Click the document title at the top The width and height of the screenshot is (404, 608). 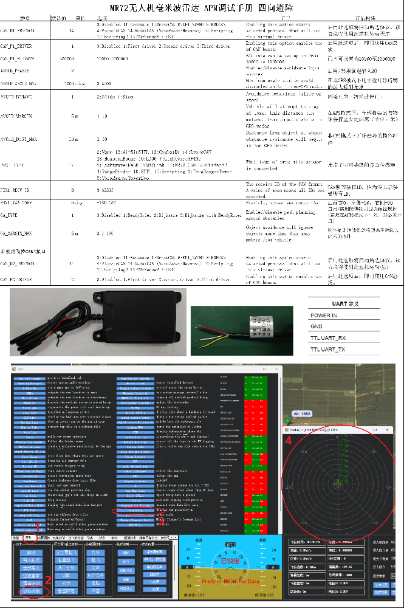coord(202,8)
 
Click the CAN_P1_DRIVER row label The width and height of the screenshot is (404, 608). coord(16,46)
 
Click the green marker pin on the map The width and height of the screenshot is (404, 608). coord(287,421)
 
